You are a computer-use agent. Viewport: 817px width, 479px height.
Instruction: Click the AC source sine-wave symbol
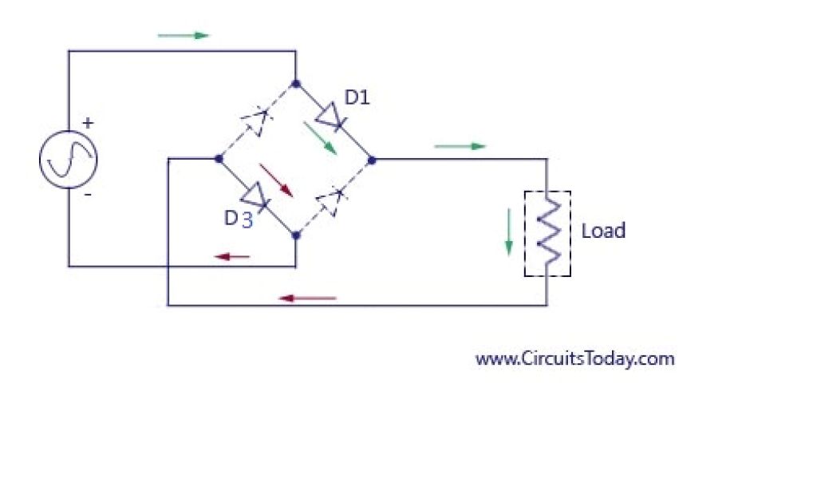[69, 159]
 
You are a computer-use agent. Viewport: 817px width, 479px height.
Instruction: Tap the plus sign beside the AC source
[88, 123]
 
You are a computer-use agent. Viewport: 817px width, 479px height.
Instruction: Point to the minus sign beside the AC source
[88, 194]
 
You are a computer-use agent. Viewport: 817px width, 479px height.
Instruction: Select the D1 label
[357, 97]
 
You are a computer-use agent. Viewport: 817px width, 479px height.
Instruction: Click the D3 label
[238, 218]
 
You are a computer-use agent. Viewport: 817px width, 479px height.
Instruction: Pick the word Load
[603, 231]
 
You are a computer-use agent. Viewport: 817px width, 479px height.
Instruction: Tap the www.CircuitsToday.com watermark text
[574, 358]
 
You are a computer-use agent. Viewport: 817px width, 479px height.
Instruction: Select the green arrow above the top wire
[183, 35]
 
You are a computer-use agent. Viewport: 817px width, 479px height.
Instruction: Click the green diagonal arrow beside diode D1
[319, 138]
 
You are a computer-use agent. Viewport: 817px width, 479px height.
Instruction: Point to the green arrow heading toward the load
[460, 146]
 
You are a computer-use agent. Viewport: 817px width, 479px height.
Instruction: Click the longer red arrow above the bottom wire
[307, 298]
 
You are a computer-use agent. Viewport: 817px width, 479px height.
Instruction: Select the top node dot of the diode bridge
[296, 83]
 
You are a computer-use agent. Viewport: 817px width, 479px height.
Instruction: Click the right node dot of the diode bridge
[372, 160]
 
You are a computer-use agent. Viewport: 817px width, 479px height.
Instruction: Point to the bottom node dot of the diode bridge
[296, 236]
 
